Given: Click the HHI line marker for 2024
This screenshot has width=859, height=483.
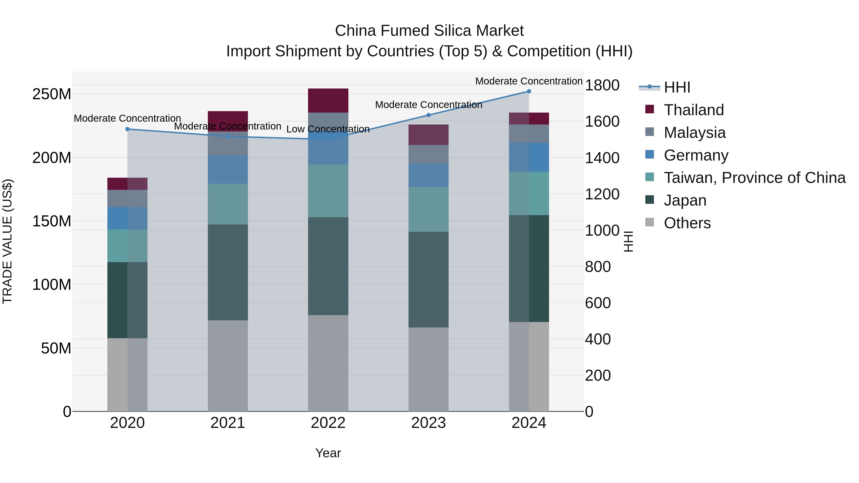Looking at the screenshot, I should tap(529, 91).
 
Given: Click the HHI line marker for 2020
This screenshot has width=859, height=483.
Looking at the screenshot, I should tap(127, 129).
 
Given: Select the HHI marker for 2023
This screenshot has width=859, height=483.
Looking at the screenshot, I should tap(429, 115).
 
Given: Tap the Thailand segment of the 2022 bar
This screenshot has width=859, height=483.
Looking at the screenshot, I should tap(328, 100).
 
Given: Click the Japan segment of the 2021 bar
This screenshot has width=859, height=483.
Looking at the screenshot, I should tap(228, 272).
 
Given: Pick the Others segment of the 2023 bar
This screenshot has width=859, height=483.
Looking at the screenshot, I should tap(429, 369).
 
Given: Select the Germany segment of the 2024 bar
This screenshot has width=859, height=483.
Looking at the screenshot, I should tap(529, 157).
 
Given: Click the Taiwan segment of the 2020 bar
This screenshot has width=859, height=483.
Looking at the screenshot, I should tap(127, 246).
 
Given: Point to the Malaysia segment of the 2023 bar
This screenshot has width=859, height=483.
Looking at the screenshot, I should tap(429, 154).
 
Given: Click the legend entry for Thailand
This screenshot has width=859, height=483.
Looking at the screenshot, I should tap(694, 110).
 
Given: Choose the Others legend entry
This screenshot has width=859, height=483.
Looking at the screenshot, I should tap(687, 223).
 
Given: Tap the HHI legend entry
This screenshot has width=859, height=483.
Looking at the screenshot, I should tap(677, 87).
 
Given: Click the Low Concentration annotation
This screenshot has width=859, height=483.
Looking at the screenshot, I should tap(328, 129).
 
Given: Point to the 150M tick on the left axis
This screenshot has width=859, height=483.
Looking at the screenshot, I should tap(52, 221).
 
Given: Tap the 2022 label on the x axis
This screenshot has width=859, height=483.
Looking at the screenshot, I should tap(328, 423).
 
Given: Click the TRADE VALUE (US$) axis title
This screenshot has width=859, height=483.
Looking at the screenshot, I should tap(7, 241).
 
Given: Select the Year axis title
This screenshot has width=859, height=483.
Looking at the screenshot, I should tap(328, 453).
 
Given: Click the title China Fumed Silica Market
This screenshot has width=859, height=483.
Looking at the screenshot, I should tap(429, 31).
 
